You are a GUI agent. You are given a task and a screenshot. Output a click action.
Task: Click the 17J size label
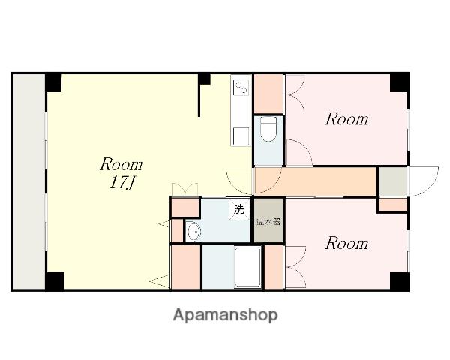coord(122,182)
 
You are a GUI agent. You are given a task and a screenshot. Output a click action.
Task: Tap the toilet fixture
coord(268,129)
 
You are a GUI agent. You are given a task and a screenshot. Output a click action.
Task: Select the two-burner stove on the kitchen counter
coord(241,87)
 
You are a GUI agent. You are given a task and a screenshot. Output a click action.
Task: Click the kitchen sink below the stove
coord(241,136)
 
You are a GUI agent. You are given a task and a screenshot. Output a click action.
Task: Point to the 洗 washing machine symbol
coord(239,209)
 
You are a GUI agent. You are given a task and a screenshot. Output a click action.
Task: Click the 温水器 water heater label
coord(268,222)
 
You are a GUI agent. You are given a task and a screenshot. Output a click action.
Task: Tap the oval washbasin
coord(193,231)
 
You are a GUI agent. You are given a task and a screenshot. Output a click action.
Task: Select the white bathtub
coord(248,267)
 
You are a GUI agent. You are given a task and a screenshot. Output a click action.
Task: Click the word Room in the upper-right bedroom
coord(347,119)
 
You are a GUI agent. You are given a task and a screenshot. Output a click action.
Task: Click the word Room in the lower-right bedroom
coord(347,244)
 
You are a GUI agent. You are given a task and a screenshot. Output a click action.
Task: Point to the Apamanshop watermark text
coord(226,315)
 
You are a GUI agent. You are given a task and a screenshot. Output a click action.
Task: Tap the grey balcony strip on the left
coord(29,181)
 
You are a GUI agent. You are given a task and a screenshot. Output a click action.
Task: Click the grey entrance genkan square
coord(392,181)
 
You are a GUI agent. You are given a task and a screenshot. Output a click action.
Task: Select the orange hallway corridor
coord(316,181)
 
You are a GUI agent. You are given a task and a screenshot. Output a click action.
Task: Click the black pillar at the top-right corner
coord(399,82)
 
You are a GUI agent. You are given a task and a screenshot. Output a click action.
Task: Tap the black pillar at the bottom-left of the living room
coord(55,280)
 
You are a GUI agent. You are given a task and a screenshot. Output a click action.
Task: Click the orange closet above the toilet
coord(268,94)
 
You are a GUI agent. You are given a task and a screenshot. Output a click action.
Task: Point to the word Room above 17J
coord(121,165)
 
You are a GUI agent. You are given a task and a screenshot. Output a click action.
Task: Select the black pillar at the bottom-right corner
coord(399,280)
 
